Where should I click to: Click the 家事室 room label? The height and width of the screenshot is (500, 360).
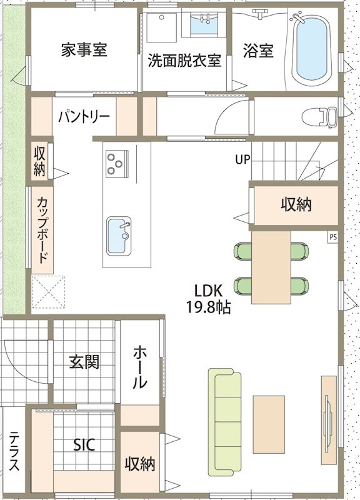coord(84,49)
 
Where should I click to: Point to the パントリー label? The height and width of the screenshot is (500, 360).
coord(84,117)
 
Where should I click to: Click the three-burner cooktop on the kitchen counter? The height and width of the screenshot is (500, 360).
coord(117,164)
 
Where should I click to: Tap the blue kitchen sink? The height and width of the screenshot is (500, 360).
coord(119,236)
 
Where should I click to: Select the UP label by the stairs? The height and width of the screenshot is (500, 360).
coord(242,159)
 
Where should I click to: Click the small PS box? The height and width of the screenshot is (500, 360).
coord(333,237)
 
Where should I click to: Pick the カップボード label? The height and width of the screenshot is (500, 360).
coord(42,229)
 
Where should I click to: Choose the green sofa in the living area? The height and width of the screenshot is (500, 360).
coord(224,424)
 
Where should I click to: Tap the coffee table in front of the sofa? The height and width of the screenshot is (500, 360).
coord(269,424)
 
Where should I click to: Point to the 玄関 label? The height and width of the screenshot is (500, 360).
coord(84,362)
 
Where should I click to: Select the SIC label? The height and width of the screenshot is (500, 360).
coord(84,444)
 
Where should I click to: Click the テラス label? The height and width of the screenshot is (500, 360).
coord(14,451)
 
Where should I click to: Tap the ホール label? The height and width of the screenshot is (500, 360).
coord(140,367)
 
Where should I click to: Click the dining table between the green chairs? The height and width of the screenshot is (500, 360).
coord(271,267)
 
